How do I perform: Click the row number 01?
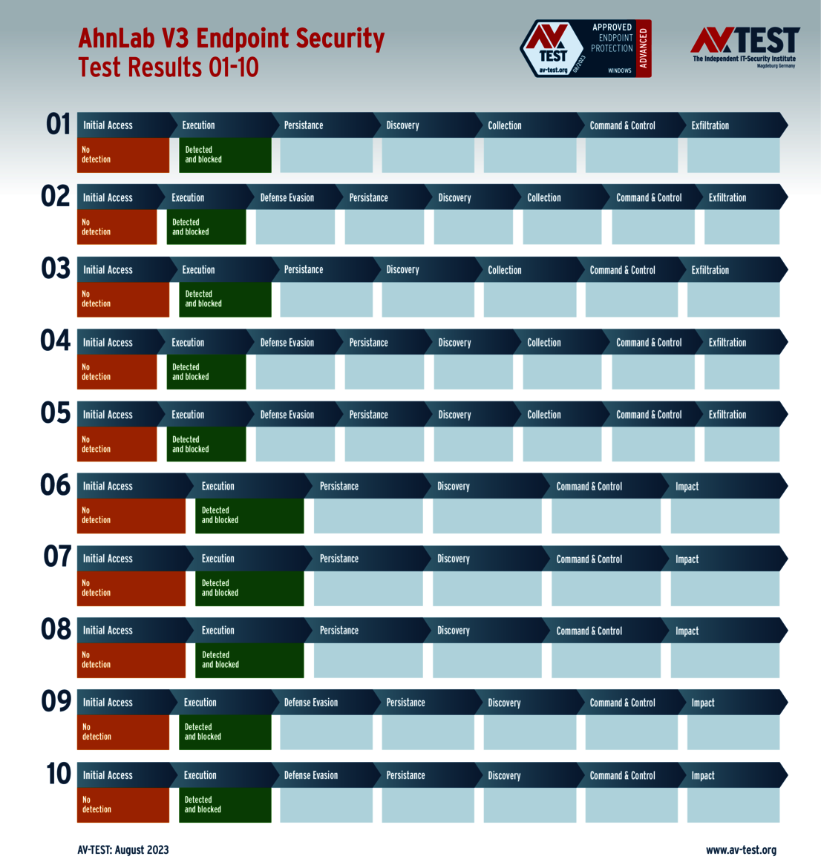(x=58, y=124)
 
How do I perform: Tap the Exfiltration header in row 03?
(x=710, y=270)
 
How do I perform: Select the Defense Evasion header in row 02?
(x=287, y=198)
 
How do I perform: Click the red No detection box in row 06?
(x=131, y=516)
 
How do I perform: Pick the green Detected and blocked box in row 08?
(x=249, y=660)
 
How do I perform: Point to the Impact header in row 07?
(x=687, y=559)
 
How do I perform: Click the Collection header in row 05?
(x=543, y=415)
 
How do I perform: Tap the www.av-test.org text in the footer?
(x=741, y=850)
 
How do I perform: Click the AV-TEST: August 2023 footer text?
(x=123, y=850)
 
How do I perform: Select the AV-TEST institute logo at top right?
(x=745, y=46)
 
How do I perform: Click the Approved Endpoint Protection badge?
(x=586, y=49)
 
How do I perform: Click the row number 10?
(x=59, y=774)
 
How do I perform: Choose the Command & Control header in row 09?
(x=622, y=703)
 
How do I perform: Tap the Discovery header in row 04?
(x=454, y=343)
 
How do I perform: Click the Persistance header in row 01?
(x=303, y=125)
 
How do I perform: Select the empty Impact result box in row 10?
(x=733, y=805)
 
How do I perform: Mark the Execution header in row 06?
(x=217, y=487)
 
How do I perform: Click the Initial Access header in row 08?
(x=108, y=631)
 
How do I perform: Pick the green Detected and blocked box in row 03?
(x=225, y=299)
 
